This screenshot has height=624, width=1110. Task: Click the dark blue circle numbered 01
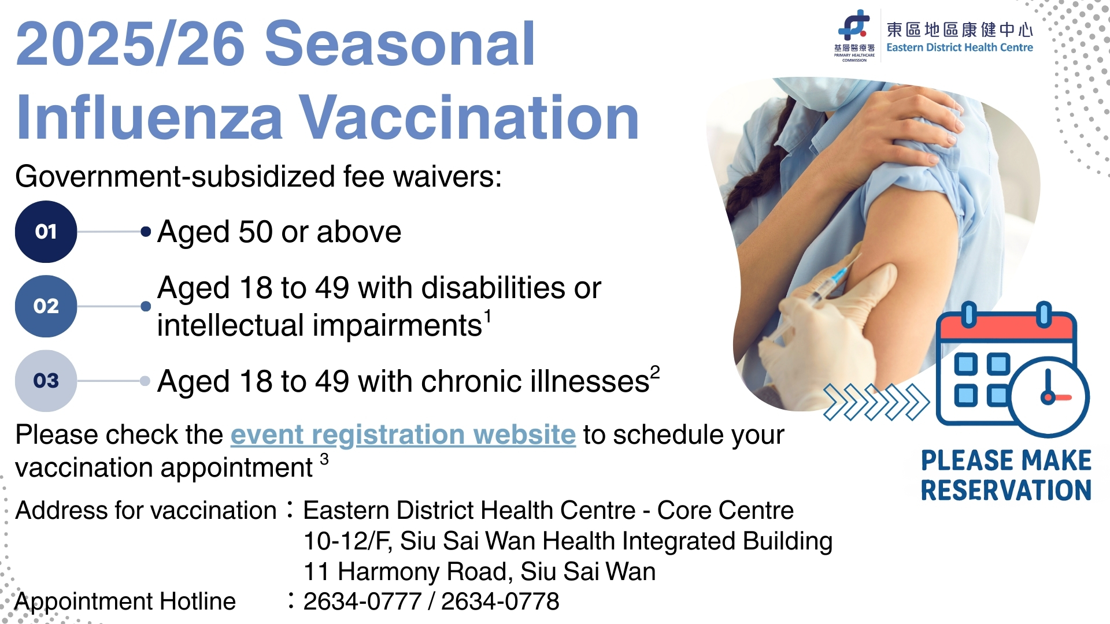coord(46,232)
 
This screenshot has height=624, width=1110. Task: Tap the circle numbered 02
coord(46,306)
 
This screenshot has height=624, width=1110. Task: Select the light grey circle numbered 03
coord(46,381)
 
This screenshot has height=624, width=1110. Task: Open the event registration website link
coord(403,434)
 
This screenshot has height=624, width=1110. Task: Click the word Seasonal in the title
coord(399,44)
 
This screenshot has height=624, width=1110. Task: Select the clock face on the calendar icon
coord(1048,397)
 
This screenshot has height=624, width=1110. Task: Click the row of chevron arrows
coord(875,402)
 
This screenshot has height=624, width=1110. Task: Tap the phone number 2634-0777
coord(362,601)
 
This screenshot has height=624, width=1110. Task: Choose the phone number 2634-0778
coord(500,601)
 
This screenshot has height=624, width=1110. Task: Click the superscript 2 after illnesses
coord(655,372)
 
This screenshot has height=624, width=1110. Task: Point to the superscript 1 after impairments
coord(488,316)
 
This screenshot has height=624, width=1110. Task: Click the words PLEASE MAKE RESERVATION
coord(1006,475)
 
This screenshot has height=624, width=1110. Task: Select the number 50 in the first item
coord(256,232)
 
